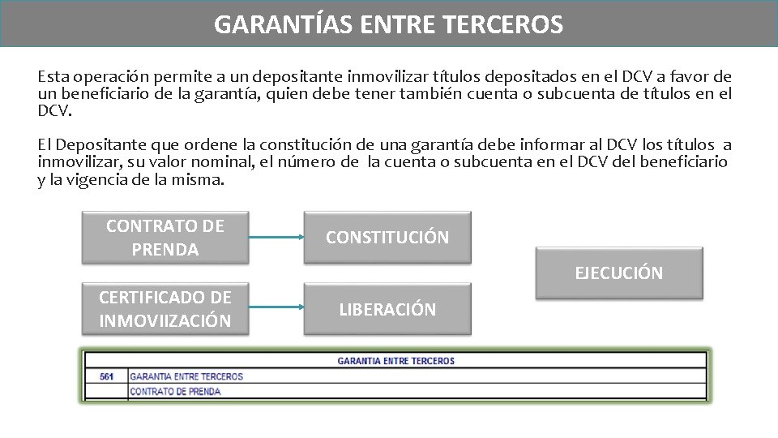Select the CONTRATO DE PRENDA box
pyautogui.click(x=165, y=238)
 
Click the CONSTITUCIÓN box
pyautogui.click(x=387, y=238)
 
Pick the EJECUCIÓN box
pyautogui.click(x=618, y=273)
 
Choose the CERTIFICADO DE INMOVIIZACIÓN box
pyautogui.click(x=165, y=309)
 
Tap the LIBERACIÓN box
pyautogui.click(x=387, y=309)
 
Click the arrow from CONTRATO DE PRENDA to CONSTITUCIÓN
pyautogui.click(x=275, y=238)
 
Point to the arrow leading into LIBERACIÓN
pyautogui.click(x=275, y=309)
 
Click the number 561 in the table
pyautogui.click(x=106, y=376)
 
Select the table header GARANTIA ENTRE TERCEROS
pyautogui.click(x=395, y=361)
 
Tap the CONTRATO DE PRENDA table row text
pyautogui.click(x=175, y=392)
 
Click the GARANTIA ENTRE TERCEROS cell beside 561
pyautogui.click(x=186, y=376)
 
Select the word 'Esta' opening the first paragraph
pyautogui.click(x=53, y=78)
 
